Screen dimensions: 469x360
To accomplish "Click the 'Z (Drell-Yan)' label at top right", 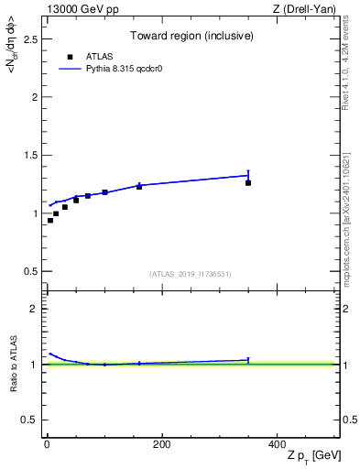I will [305, 9].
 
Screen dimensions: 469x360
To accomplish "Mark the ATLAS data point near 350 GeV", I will [248, 183].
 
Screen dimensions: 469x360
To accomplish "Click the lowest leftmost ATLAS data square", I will [50, 221].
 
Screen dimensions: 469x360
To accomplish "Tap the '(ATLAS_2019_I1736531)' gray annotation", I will [191, 274].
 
